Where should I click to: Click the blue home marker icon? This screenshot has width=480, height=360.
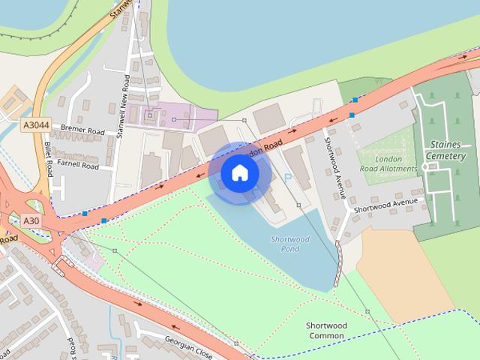pyautogui.click(x=239, y=172)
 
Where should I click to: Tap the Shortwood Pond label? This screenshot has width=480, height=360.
pyautogui.click(x=289, y=244)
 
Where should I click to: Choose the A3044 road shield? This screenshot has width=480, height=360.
pyautogui.click(x=35, y=124)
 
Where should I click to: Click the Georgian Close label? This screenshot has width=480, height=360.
pyautogui.click(x=189, y=348)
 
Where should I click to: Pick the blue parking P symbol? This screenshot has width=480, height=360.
pyautogui.click(x=287, y=178)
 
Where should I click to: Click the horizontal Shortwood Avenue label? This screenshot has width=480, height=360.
pyautogui.click(x=385, y=205)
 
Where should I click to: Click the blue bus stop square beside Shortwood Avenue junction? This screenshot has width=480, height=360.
pyautogui.click(x=351, y=115)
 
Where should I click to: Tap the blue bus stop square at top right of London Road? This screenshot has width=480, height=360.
pyautogui.click(x=355, y=99)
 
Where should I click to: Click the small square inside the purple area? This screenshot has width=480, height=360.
pyautogui.click(x=150, y=115)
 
